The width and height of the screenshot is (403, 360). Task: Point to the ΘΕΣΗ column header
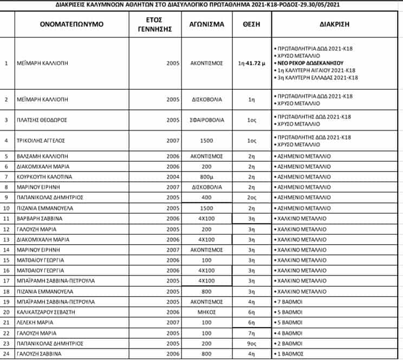point(251,24)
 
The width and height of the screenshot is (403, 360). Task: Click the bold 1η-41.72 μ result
point(251,63)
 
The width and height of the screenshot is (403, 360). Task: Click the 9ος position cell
point(251,343)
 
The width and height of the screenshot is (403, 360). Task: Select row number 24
point(6,354)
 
